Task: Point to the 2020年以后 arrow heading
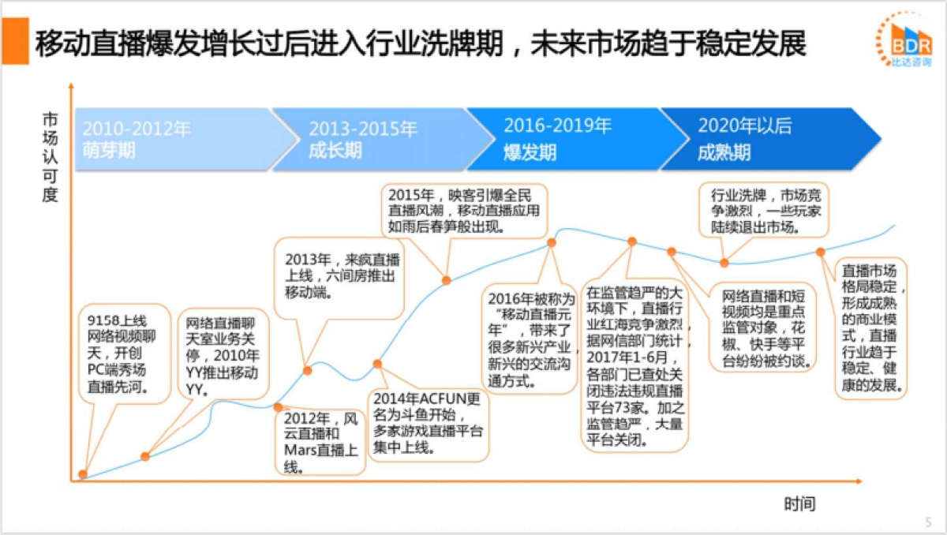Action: [744, 126]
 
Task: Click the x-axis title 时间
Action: [799, 503]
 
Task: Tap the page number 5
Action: [927, 522]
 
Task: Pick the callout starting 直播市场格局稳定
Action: [870, 327]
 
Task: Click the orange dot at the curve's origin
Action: [83, 474]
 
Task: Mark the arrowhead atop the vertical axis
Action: [72, 84]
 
